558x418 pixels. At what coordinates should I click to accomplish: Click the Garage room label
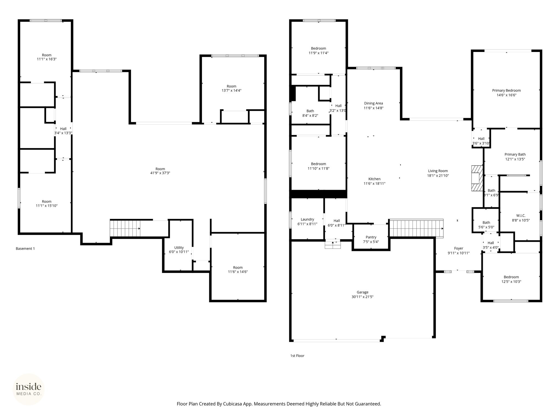(x=362, y=292)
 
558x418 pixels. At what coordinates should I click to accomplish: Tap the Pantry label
(x=371, y=237)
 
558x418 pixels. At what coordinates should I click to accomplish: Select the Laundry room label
(x=307, y=219)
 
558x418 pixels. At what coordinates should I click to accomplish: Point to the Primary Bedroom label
(x=506, y=90)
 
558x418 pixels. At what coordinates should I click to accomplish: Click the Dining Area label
(x=374, y=103)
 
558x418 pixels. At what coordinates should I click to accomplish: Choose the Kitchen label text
(x=374, y=179)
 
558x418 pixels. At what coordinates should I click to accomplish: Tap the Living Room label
(x=438, y=171)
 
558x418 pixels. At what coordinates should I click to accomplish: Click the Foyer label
(x=459, y=248)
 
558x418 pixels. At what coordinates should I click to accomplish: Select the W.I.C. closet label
(x=521, y=216)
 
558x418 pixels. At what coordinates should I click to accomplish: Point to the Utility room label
(x=179, y=247)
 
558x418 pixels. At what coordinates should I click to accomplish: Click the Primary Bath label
(x=515, y=154)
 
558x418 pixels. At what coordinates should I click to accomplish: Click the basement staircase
(x=125, y=228)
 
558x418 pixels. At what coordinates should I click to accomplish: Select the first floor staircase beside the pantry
(x=416, y=228)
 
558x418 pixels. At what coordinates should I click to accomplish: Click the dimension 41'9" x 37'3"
(x=160, y=173)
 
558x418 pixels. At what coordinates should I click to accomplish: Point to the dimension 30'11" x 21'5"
(x=362, y=297)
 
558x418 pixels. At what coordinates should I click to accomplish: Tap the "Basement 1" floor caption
(x=25, y=248)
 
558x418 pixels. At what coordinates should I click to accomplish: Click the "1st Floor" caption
(x=297, y=356)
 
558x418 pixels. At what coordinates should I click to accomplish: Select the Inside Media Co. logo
(x=29, y=389)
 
